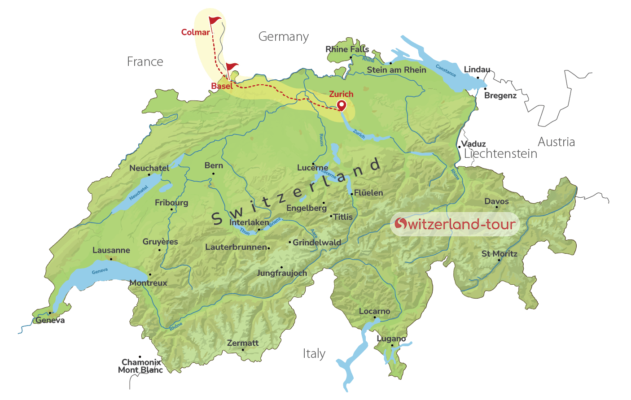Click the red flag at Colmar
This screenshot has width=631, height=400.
215,21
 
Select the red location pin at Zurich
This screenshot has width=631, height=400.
342,105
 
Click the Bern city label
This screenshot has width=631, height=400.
214,165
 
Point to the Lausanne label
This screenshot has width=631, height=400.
111,250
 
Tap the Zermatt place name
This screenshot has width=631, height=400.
243,343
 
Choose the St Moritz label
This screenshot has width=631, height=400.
500,254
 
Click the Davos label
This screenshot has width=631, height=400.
497,201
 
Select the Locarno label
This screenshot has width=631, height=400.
375,311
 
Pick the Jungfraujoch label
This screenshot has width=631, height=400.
282,273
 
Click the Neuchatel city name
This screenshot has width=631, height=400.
149,168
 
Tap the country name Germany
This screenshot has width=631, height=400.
284,37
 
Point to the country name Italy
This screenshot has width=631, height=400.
314,354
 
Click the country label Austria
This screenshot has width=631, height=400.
557,142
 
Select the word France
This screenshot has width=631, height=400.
145,61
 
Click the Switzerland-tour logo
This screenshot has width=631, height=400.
455,224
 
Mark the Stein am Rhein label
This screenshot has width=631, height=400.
397,70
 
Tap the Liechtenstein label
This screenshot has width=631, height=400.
501,154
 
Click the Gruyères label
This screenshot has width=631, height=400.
160,242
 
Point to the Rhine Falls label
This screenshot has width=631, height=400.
347,49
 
